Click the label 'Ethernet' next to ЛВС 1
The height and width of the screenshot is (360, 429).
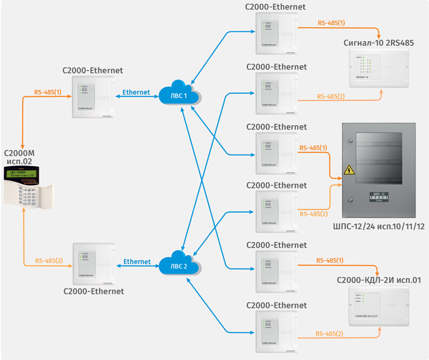point(136,92)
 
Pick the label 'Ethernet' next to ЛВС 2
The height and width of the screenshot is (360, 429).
point(137,262)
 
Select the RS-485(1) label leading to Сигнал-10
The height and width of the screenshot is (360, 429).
point(331,23)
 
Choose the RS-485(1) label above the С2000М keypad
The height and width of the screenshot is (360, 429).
point(48,93)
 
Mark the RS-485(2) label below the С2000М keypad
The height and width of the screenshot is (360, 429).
point(48,261)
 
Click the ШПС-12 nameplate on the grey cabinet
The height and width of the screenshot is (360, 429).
point(379,197)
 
